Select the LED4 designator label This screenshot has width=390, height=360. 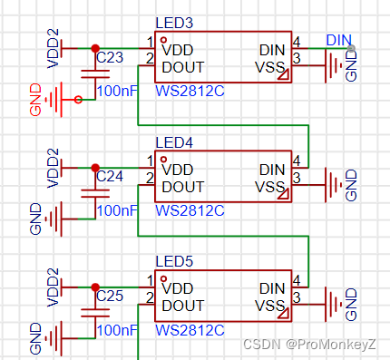pos(173,142)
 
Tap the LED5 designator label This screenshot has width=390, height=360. pos(173,262)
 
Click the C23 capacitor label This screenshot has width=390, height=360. pos(110,56)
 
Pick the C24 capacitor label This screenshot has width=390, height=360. pos(110,175)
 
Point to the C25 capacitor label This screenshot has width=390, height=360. pos(110,296)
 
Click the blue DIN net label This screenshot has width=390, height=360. pos(338,39)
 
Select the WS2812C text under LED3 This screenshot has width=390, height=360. pos(190,90)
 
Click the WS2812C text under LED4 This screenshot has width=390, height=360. pos(190,209)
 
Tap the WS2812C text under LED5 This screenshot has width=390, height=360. pos(190,329)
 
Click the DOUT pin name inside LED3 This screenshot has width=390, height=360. pos(183,66)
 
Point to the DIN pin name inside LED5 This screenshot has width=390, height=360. pos(271,288)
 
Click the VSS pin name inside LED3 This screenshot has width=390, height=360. pos(270,66)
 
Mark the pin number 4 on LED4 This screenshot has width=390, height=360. pos(297,161)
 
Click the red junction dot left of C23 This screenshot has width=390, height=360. pos(93,47)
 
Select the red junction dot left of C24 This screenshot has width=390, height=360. pos(93,167)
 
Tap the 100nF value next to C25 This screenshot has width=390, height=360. pos(116,330)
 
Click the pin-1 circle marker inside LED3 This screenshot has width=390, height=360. pos(163,42)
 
